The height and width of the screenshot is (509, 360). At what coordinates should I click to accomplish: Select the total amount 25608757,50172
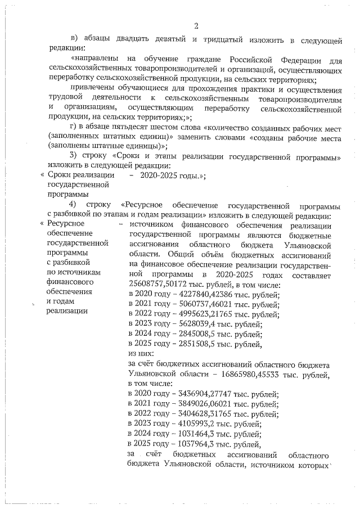[x=159, y=283]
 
